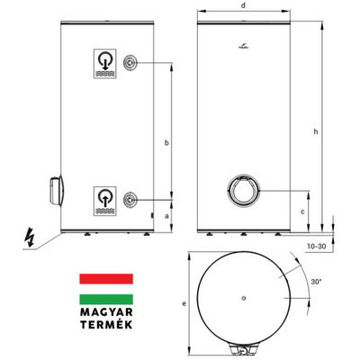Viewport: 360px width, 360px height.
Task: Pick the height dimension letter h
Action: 315,132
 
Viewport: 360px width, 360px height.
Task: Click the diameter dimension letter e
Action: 184,303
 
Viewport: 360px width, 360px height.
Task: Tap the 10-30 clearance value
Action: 316,245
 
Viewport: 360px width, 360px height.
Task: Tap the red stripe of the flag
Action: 106,279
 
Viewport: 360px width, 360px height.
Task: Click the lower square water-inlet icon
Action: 105,198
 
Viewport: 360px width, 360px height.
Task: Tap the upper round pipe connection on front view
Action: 132,62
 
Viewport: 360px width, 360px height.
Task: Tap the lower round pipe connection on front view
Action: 132,198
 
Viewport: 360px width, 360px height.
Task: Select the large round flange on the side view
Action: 241,191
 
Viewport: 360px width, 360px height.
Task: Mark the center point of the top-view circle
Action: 245,296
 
